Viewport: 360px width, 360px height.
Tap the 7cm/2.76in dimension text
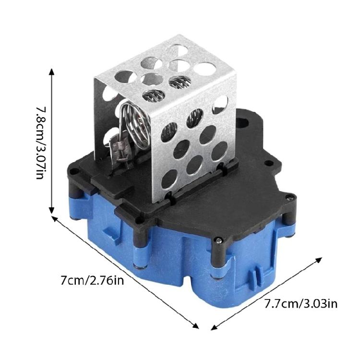92,281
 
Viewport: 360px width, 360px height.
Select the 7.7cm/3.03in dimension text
301,304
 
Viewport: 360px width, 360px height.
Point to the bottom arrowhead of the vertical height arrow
52,210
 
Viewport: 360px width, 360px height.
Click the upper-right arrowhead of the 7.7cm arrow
318,260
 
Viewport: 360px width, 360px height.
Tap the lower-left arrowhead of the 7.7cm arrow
214,328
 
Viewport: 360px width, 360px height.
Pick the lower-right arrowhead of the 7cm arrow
196,326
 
